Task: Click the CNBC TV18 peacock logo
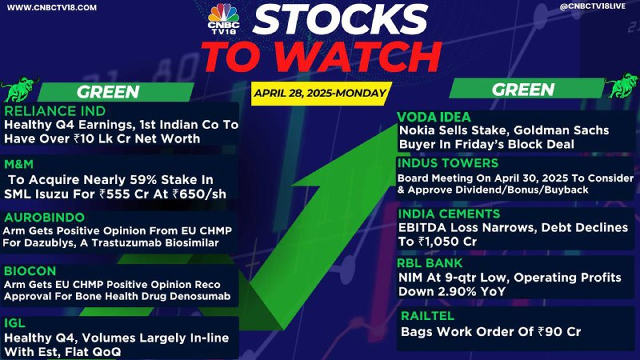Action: (x=223, y=18)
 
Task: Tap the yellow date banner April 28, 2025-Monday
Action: (x=321, y=94)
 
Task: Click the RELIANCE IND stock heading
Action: (x=55, y=111)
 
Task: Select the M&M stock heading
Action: (x=18, y=164)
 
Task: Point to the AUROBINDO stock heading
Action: (x=45, y=217)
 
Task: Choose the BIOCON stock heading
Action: (x=30, y=271)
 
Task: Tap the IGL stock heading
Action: (x=14, y=323)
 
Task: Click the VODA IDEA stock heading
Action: (x=434, y=117)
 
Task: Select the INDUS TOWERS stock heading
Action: (x=448, y=163)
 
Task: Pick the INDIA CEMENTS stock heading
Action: (x=449, y=214)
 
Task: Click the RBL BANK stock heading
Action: (x=430, y=263)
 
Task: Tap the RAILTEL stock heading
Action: (x=428, y=316)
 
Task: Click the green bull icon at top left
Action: (x=18, y=89)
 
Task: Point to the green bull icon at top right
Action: (x=622, y=86)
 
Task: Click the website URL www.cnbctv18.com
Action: (x=52, y=7)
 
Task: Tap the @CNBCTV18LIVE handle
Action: (x=593, y=6)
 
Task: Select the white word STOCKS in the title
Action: (x=340, y=19)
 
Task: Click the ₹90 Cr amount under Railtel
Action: (x=559, y=332)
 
